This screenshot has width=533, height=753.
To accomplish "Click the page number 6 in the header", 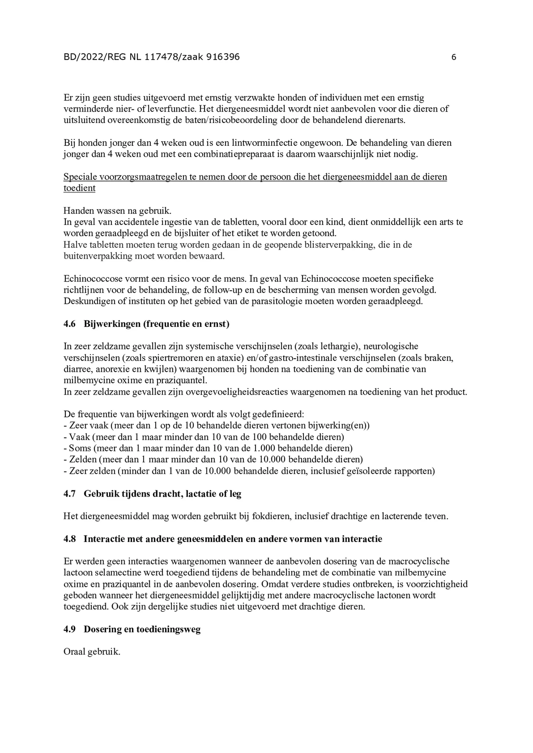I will click(453, 57).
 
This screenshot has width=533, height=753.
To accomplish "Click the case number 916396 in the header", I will click(223, 57).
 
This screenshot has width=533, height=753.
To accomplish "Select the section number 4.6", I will click(70, 324).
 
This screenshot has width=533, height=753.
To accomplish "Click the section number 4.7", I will click(70, 494).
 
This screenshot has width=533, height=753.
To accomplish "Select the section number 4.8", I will click(70, 539).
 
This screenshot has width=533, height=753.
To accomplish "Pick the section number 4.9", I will click(70, 629).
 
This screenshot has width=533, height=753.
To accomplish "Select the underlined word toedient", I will click(79, 188).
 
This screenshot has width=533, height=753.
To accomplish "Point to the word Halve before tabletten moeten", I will click(74, 245).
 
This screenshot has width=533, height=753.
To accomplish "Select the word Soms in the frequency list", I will click(79, 448).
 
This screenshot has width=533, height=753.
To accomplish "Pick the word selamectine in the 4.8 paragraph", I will click(114, 573).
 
